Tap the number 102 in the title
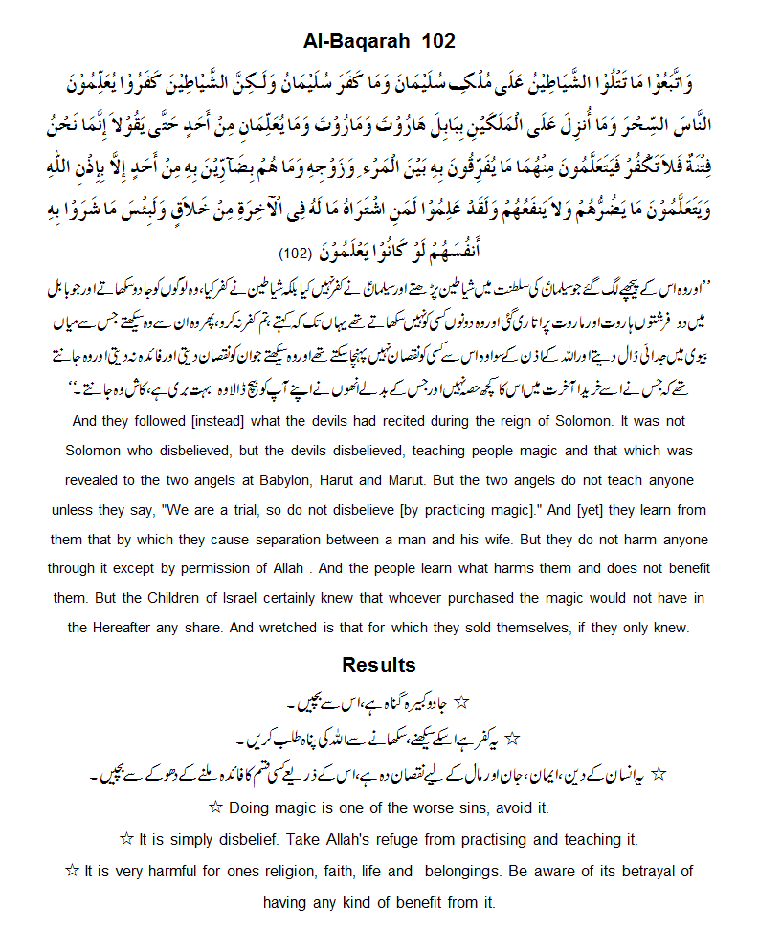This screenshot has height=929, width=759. [x=435, y=41]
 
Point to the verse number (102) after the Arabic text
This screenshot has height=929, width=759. [x=293, y=255]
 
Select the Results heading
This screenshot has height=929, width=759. [x=379, y=665]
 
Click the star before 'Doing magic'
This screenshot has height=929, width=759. [x=215, y=807]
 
